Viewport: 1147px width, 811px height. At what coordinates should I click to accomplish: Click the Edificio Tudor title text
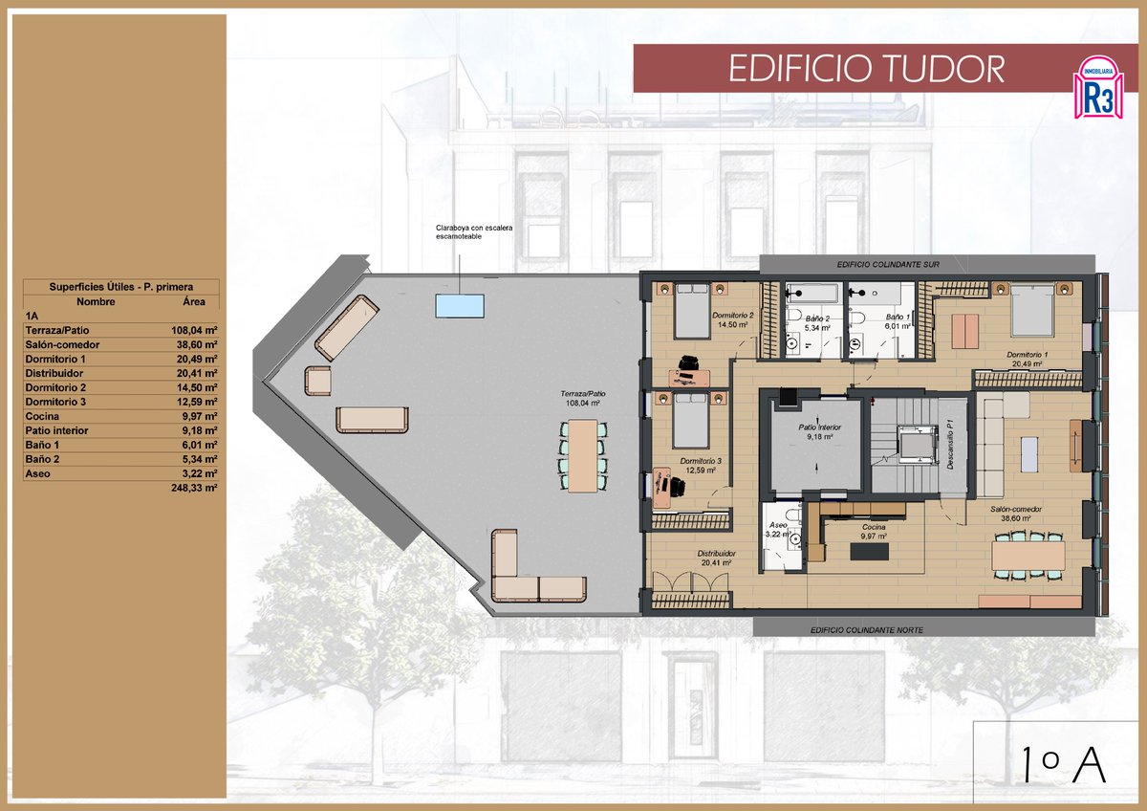tap(866, 69)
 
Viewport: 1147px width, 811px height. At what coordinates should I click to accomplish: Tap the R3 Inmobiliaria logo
tap(1098, 87)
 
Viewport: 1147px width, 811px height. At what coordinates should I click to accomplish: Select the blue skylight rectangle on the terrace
tap(459, 305)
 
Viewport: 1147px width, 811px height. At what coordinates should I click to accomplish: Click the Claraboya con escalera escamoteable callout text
tap(458, 231)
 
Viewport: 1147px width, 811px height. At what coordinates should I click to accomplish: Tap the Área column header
tap(195, 301)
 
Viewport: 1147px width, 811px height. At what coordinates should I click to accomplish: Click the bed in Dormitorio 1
tap(1031, 311)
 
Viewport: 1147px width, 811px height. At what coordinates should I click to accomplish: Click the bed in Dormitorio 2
tap(691, 312)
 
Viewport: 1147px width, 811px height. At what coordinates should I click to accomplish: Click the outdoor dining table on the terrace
tap(581, 455)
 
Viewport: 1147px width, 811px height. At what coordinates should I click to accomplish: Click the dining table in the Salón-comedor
tap(1028, 555)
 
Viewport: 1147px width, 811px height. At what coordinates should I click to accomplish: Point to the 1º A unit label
tap(1062, 765)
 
